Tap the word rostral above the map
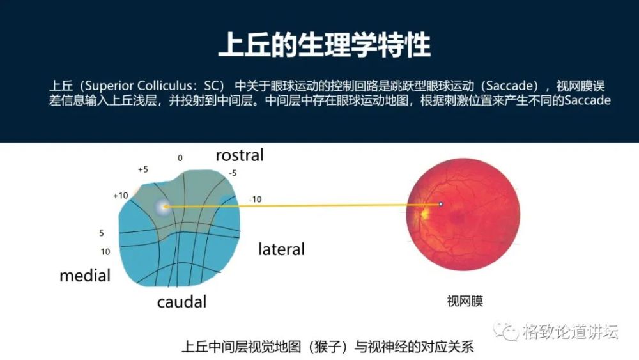[239, 155]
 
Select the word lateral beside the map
[281, 249]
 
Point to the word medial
[85, 276]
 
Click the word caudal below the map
[181, 301]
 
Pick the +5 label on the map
[143, 169]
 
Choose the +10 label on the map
[121, 195]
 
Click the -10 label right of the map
[255, 200]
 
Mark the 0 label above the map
[180, 157]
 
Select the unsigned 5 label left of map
[101, 233]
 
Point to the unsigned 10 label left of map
[105, 252]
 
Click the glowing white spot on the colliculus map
[164, 206]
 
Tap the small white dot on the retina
[440, 204]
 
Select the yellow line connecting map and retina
[300, 205]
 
